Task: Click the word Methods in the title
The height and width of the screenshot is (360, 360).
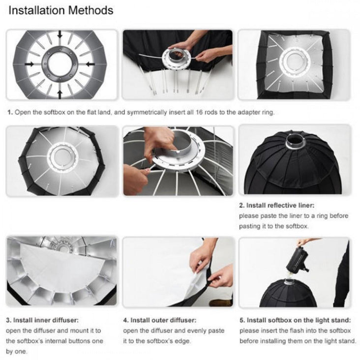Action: point(90,10)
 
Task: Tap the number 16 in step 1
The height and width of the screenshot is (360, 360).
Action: point(199,112)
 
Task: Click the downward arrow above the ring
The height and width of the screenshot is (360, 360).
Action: point(60,34)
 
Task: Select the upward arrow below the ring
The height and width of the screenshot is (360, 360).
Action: point(60,94)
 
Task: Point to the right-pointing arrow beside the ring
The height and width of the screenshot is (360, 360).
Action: point(29,64)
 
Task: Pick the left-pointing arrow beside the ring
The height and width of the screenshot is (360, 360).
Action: point(90,64)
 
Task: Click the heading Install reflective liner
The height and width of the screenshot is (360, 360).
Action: point(280,205)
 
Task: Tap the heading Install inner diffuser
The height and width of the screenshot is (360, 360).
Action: point(46,320)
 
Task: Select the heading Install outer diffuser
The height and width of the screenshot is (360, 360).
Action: point(163,320)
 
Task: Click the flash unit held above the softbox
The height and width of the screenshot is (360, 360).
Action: point(297,259)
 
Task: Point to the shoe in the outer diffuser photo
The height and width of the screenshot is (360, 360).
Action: point(221,303)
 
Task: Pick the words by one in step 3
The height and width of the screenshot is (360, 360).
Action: point(16,352)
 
